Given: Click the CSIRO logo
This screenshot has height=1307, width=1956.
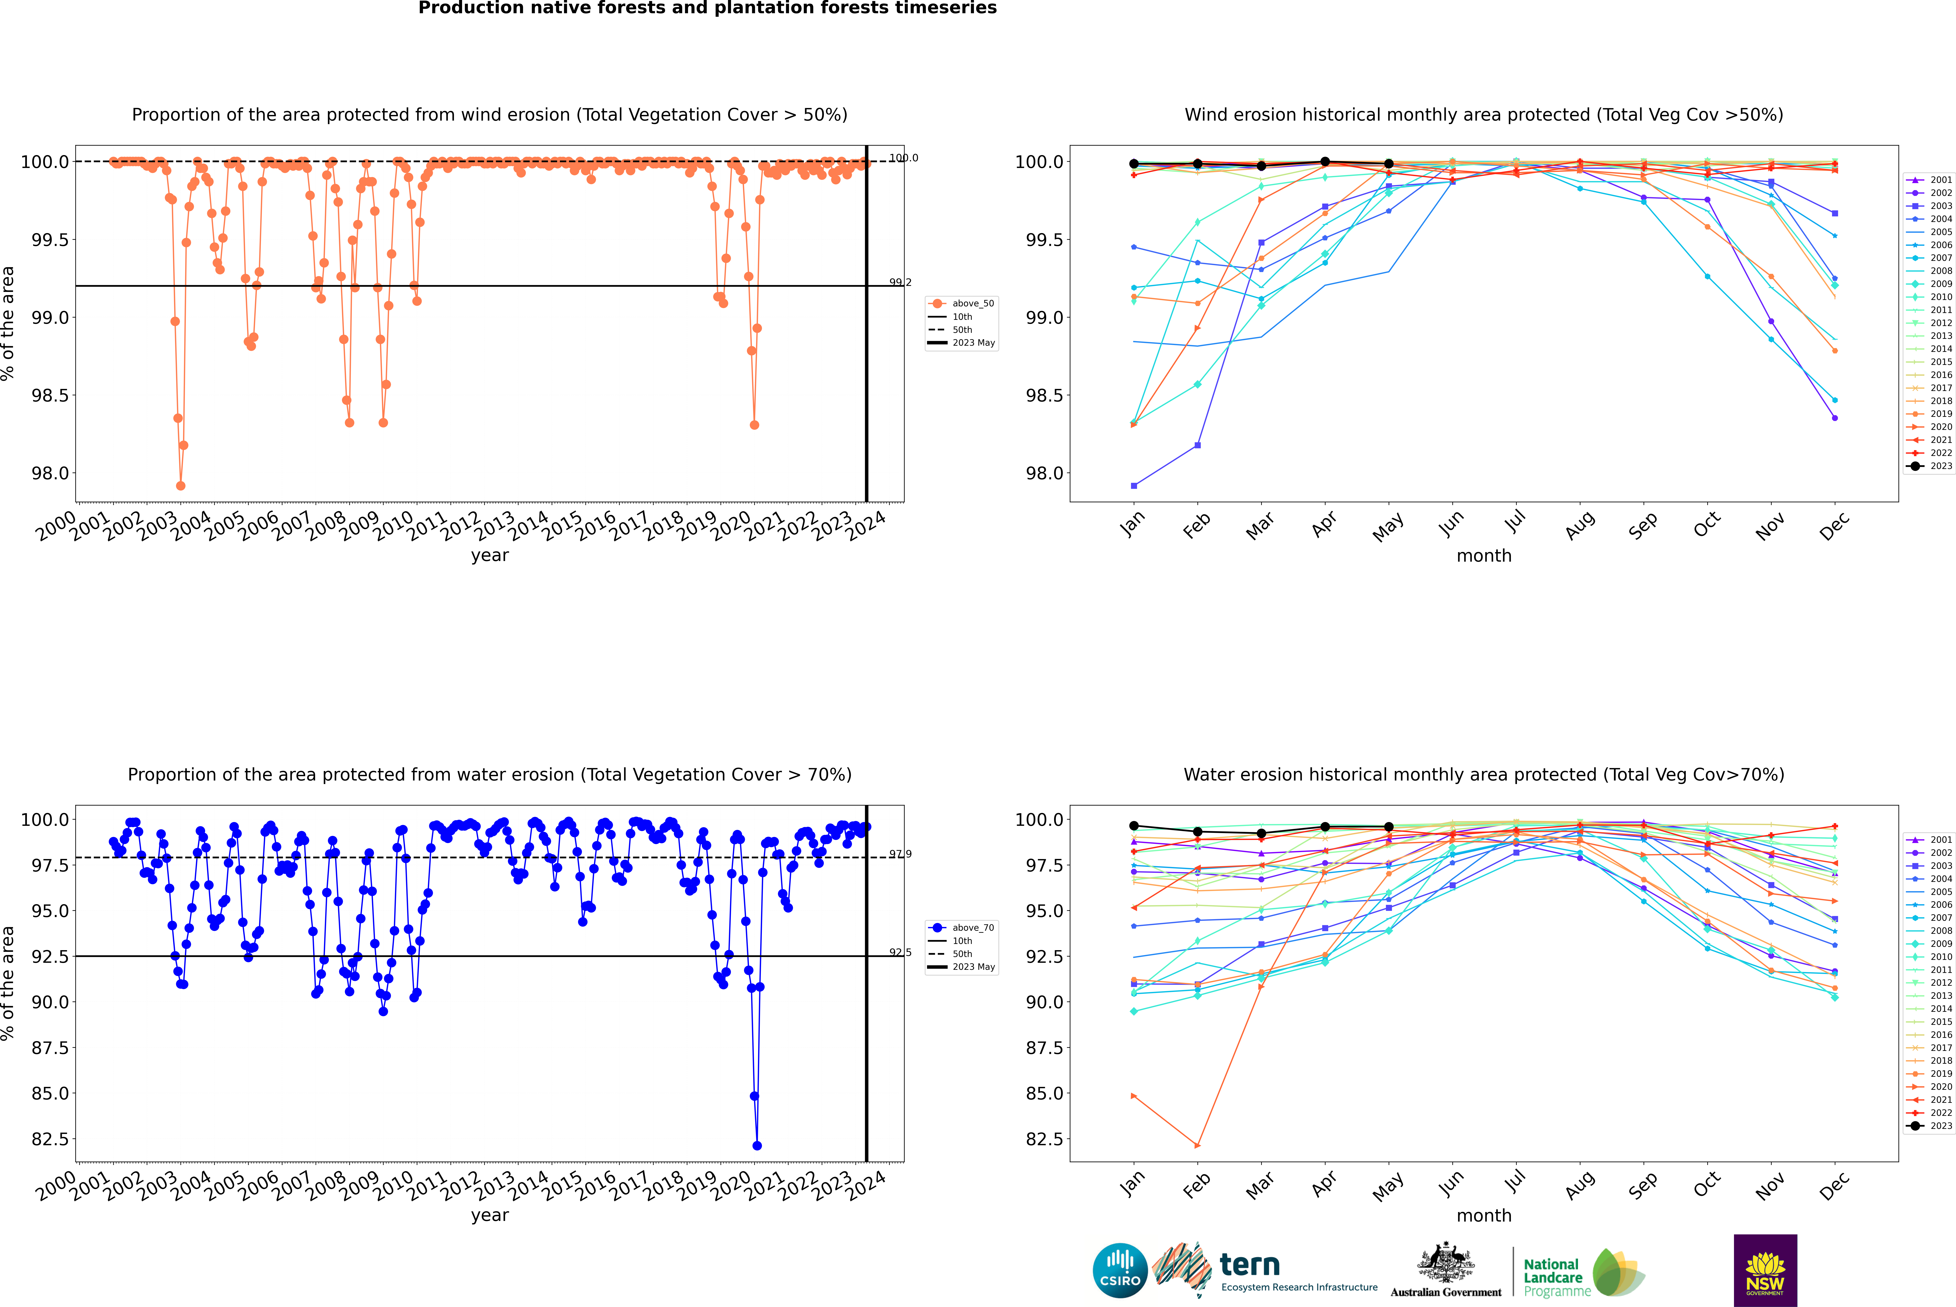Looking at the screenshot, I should pos(1120,1270).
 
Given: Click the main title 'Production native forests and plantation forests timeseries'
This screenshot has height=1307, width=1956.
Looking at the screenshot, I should pos(707,8).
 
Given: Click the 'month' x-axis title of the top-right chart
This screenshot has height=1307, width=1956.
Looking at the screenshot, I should pos(1483,556).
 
